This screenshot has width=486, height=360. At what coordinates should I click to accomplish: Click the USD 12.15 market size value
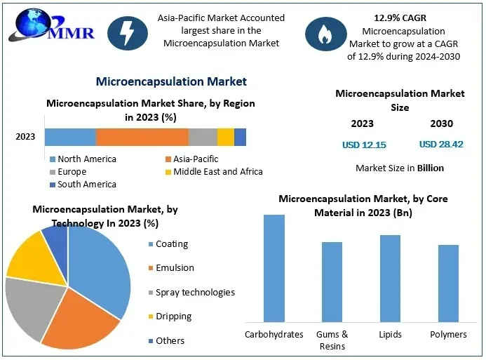click(363, 145)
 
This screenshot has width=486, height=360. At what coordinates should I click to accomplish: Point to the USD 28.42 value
click(441, 145)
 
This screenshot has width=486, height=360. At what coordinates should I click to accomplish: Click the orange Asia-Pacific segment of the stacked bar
click(142, 137)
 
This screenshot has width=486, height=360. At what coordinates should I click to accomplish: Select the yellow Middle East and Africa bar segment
click(225, 137)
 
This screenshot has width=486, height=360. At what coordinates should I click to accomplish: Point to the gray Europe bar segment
click(203, 137)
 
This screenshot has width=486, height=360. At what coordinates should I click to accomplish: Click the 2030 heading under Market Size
click(441, 124)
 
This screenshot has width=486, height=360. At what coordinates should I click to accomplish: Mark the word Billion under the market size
click(430, 168)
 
